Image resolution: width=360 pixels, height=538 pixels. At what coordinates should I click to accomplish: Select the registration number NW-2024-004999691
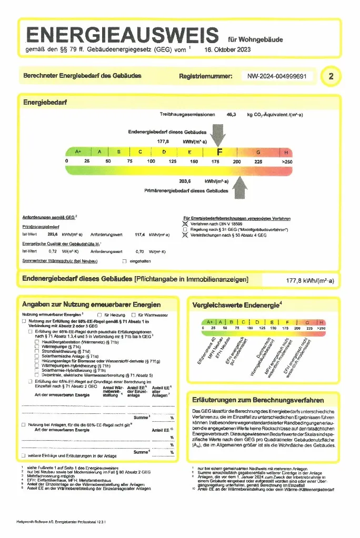(277, 76)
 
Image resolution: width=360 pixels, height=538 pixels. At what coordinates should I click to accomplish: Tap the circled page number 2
(331, 76)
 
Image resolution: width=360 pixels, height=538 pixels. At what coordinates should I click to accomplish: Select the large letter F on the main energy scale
(219, 152)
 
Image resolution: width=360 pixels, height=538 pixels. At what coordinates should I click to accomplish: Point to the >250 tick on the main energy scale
(287, 161)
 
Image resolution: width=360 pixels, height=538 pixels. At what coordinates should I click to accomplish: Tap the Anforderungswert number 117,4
(140, 235)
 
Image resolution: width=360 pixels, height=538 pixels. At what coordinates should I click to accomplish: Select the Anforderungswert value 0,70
(140, 251)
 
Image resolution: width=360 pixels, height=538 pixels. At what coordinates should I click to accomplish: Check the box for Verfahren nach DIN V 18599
(185, 224)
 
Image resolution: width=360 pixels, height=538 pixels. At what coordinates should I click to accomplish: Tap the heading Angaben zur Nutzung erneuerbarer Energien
(92, 304)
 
